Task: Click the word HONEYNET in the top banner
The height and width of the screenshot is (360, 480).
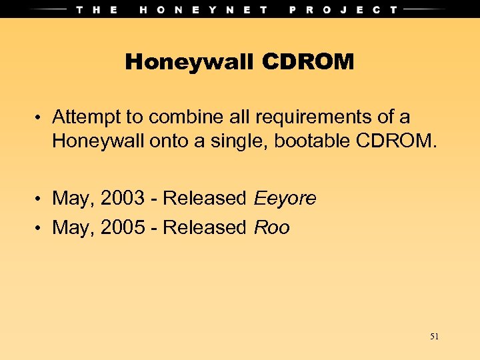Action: [x=204, y=9]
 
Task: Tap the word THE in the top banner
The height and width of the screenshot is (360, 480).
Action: [x=97, y=9]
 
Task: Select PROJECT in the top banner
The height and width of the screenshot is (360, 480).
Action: [x=344, y=9]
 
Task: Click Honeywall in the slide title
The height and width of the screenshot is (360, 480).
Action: [x=190, y=63]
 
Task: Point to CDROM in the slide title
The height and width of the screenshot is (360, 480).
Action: [x=307, y=63]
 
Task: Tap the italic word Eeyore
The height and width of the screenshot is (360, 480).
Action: [x=285, y=198]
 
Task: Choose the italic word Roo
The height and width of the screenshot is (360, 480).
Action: [x=272, y=227]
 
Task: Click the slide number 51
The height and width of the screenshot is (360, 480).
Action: [x=434, y=337]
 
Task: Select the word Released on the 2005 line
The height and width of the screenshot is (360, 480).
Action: [x=205, y=227]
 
